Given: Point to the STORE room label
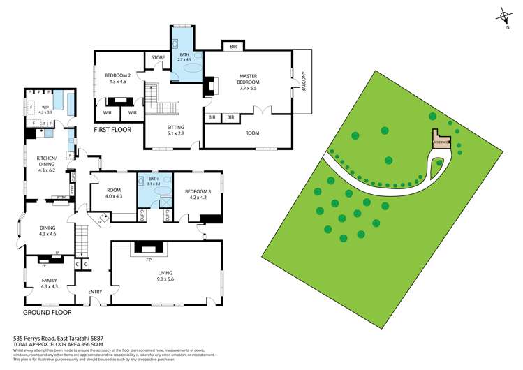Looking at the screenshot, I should tap(157, 58).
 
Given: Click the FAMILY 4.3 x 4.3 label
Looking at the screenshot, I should tap(49, 283).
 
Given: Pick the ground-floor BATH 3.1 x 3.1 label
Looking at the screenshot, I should tap(153, 182).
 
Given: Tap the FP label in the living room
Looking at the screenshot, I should tap(149, 259).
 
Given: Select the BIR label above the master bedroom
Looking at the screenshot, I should tap(233, 47).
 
